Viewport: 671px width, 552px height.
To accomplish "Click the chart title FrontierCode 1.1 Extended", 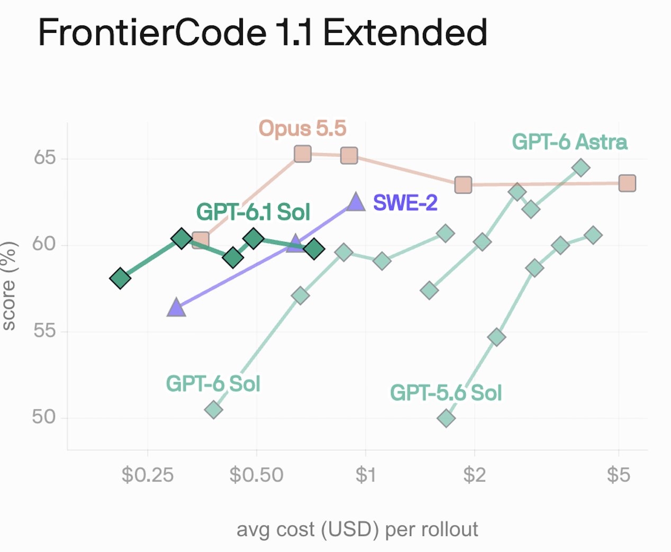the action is click(262, 32).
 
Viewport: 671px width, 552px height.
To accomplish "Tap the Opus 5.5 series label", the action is click(302, 128).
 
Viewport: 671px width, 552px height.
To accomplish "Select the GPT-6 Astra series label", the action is click(569, 142).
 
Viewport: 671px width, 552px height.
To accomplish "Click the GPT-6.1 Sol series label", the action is click(253, 212).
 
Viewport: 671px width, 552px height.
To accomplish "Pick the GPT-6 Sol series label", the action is click(213, 384).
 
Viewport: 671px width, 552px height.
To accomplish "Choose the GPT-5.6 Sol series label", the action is click(446, 393).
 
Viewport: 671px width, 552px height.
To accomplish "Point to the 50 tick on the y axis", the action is click(44, 417).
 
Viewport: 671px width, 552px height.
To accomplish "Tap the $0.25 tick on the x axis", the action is click(147, 475).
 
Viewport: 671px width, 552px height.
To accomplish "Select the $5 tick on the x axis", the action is click(618, 475).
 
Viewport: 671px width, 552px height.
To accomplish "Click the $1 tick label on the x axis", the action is click(366, 475).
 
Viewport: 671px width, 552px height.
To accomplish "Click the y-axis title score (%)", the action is click(9, 286).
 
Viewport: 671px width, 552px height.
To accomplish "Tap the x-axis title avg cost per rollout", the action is click(357, 530).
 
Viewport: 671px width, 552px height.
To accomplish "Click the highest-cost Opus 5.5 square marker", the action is click(627, 183).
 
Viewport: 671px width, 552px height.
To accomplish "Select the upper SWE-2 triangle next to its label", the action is click(356, 202).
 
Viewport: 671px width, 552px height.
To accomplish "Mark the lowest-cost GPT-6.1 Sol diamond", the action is click(120, 278).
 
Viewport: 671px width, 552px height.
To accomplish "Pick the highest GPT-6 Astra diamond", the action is click(581, 167).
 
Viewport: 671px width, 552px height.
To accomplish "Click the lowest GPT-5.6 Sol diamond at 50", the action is click(446, 418).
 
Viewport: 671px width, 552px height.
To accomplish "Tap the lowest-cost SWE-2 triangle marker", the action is click(176, 307).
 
